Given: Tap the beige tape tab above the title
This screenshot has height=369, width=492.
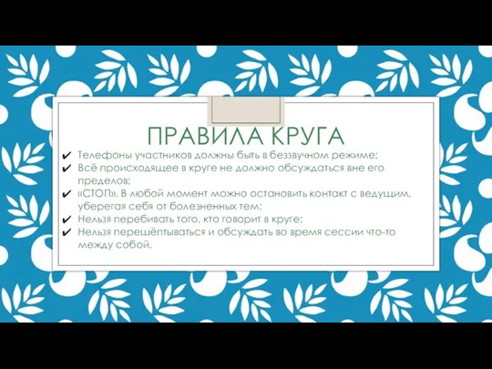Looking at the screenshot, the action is pos(246,110).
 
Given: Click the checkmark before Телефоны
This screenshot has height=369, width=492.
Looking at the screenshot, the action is pos(67,156).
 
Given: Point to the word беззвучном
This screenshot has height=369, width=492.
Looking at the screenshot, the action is pos(297,155).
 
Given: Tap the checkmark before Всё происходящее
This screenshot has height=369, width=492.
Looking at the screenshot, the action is pos(67,169).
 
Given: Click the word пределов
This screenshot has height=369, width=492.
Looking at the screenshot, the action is pos(104,181).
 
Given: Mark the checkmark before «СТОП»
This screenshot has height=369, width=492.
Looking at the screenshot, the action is pos(67,194).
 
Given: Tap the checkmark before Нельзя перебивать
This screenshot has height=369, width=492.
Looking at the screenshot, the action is pos(67,220).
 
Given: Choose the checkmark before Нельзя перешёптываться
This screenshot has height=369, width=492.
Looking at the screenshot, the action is pos(67,232).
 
